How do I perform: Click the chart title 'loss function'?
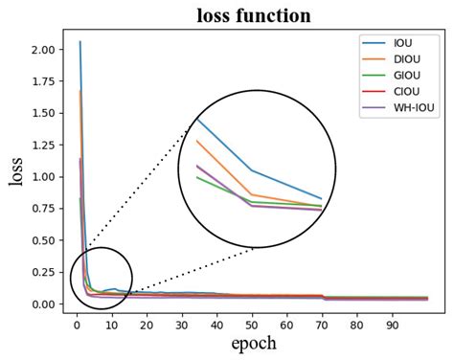pos(254,15)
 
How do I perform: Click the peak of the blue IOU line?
pos(79,42)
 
